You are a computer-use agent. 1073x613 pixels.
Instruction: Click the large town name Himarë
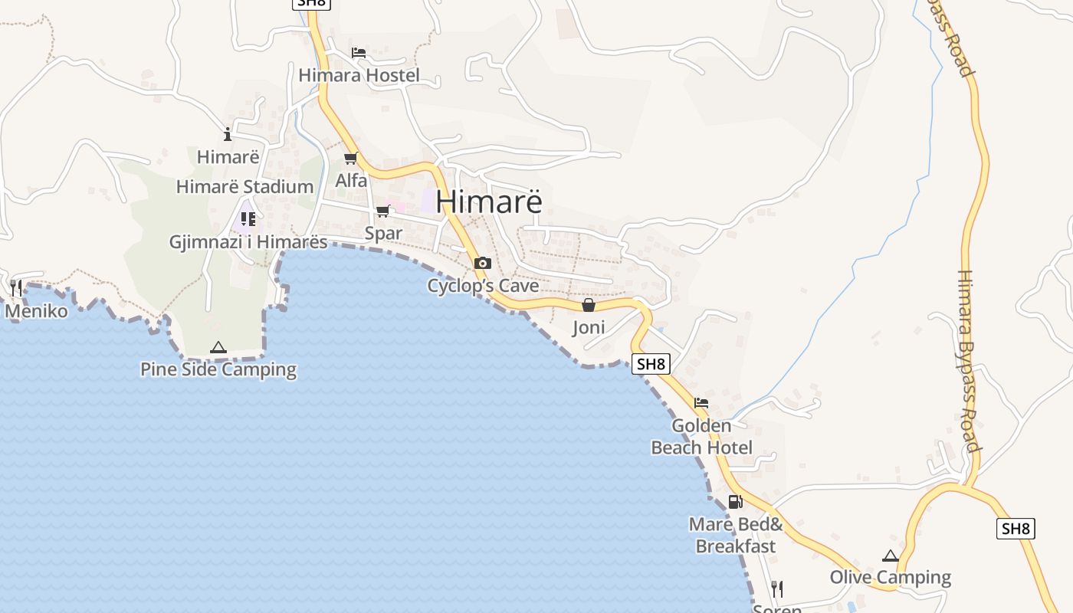(489, 201)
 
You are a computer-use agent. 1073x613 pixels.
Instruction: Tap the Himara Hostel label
(359, 75)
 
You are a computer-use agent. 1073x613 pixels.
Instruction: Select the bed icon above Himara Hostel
(358, 53)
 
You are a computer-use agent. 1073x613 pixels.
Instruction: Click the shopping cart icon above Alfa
(351, 159)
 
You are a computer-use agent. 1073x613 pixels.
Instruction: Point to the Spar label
(383, 233)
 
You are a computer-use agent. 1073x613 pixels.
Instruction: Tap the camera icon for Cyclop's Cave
(482, 263)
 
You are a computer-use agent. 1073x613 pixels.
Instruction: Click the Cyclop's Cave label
(483, 286)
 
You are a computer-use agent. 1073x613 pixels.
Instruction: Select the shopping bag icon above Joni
(588, 305)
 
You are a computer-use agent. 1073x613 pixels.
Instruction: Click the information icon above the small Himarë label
(228, 135)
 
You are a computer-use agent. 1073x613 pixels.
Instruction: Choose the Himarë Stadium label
(244, 186)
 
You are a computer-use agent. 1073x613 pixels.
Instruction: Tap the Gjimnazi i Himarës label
(248, 242)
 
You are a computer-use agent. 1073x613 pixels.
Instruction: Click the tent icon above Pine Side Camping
(218, 347)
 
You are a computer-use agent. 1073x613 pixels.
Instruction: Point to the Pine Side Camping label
(218, 369)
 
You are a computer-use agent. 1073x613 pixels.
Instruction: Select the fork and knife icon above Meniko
(16, 288)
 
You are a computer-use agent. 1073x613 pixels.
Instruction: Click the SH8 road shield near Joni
(651, 364)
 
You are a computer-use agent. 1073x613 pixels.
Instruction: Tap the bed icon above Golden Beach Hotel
(701, 403)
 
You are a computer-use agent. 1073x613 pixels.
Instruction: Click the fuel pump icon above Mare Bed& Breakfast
(735, 502)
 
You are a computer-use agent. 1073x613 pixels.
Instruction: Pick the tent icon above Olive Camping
(890, 556)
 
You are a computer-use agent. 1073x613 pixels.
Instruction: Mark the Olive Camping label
(891, 577)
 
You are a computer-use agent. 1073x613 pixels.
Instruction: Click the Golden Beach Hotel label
(702, 436)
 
